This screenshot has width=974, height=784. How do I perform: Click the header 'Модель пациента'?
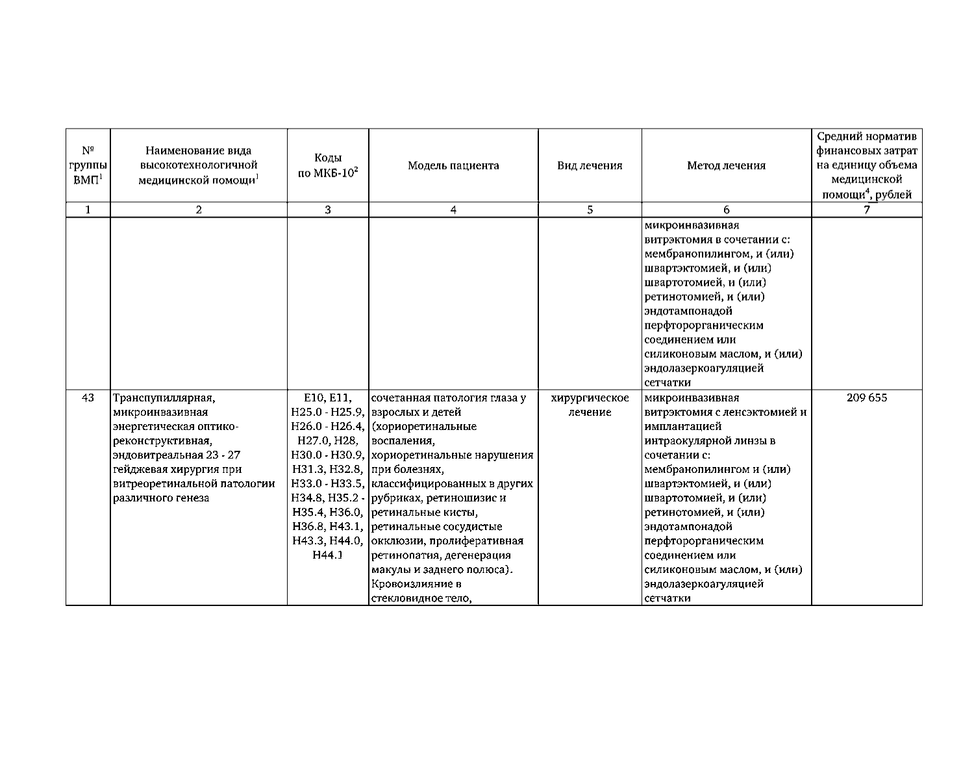[453, 166]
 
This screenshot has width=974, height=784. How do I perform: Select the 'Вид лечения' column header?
[590, 166]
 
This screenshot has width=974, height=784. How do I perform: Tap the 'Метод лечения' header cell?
[726, 166]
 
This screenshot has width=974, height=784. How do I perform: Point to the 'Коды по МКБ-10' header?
[328, 166]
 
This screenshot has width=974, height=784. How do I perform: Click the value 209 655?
[866, 398]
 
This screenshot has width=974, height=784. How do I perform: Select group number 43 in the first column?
[88, 398]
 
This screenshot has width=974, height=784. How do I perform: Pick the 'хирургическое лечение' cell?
[590, 405]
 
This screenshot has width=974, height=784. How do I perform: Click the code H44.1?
[327, 555]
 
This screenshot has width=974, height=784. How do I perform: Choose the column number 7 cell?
[866, 209]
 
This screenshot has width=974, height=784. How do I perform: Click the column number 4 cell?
[453, 209]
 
